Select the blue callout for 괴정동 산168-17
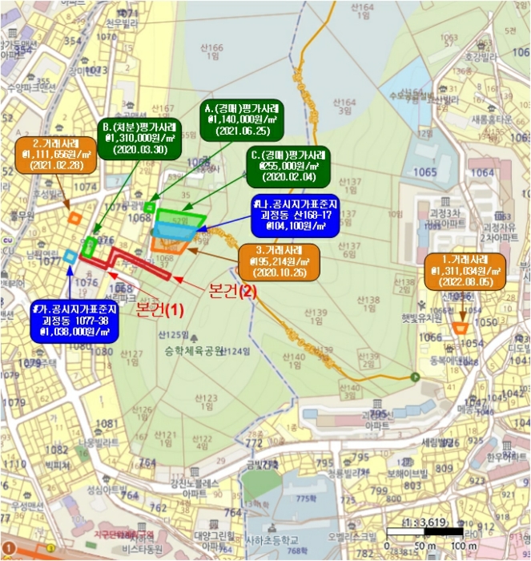292,216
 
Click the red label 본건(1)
159,307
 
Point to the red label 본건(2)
232,292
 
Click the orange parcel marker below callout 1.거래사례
461,327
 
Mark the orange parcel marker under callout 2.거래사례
74,216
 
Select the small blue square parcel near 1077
70,256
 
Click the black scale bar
425,532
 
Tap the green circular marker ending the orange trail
415,377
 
